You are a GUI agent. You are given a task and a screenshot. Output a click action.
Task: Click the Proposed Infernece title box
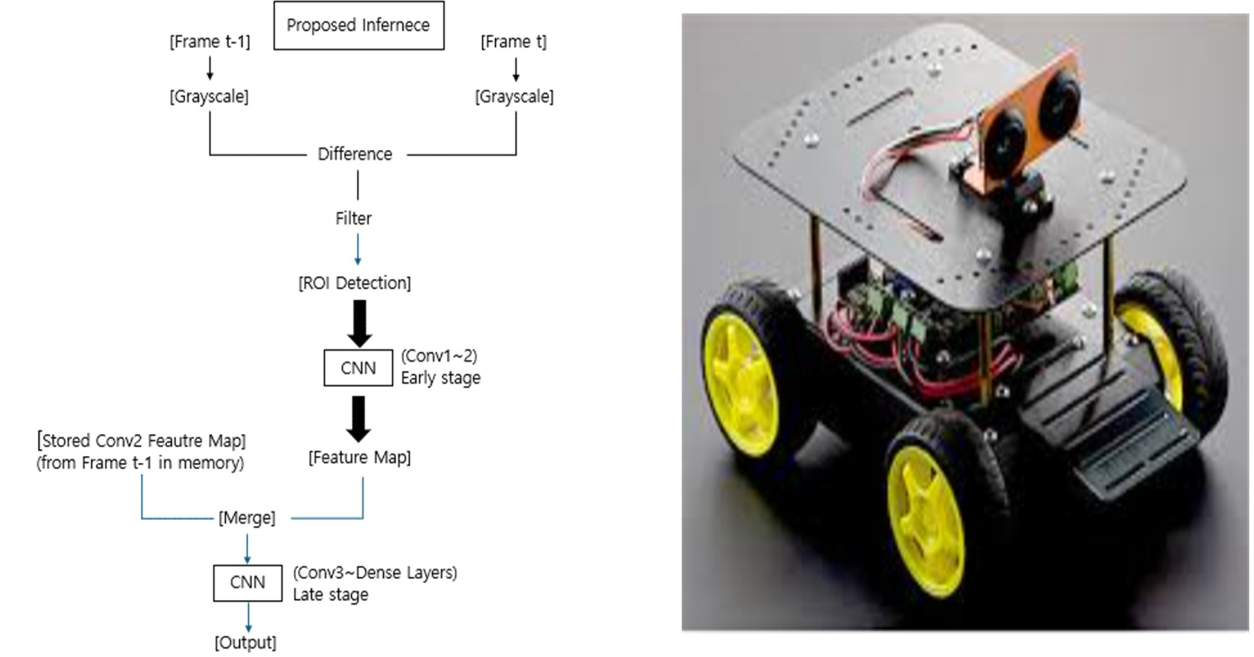(x=358, y=26)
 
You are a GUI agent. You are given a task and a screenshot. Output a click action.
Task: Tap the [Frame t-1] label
(x=210, y=42)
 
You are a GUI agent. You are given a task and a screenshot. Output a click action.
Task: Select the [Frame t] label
(x=513, y=42)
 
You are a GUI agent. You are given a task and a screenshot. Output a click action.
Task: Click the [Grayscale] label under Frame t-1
(x=209, y=96)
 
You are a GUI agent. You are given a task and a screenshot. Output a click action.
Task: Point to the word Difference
(x=354, y=154)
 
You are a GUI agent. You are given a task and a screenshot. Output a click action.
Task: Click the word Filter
(x=353, y=219)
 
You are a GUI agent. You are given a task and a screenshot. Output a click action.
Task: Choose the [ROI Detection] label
(x=354, y=283)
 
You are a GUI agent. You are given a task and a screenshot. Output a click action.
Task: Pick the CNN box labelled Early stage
(x=358, y=368)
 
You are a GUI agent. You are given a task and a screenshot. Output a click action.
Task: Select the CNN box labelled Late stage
(x=248, y=582)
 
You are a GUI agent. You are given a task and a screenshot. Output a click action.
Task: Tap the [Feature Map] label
(x=359, y=458)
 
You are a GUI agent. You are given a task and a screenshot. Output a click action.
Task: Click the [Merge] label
(x=247, y=518)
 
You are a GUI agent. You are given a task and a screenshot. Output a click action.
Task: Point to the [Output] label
(x=246, y=642)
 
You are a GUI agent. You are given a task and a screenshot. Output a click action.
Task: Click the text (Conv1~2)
(x=439, y=356)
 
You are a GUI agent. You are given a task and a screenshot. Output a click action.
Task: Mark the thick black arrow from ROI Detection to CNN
(x=359, y=323)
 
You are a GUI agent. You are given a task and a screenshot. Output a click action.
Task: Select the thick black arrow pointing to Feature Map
(x=358, y=419)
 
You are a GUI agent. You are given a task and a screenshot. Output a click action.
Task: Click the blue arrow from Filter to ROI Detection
(x=358, y=249)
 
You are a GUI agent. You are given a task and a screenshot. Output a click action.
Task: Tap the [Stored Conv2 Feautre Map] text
(x=141, y=441)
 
